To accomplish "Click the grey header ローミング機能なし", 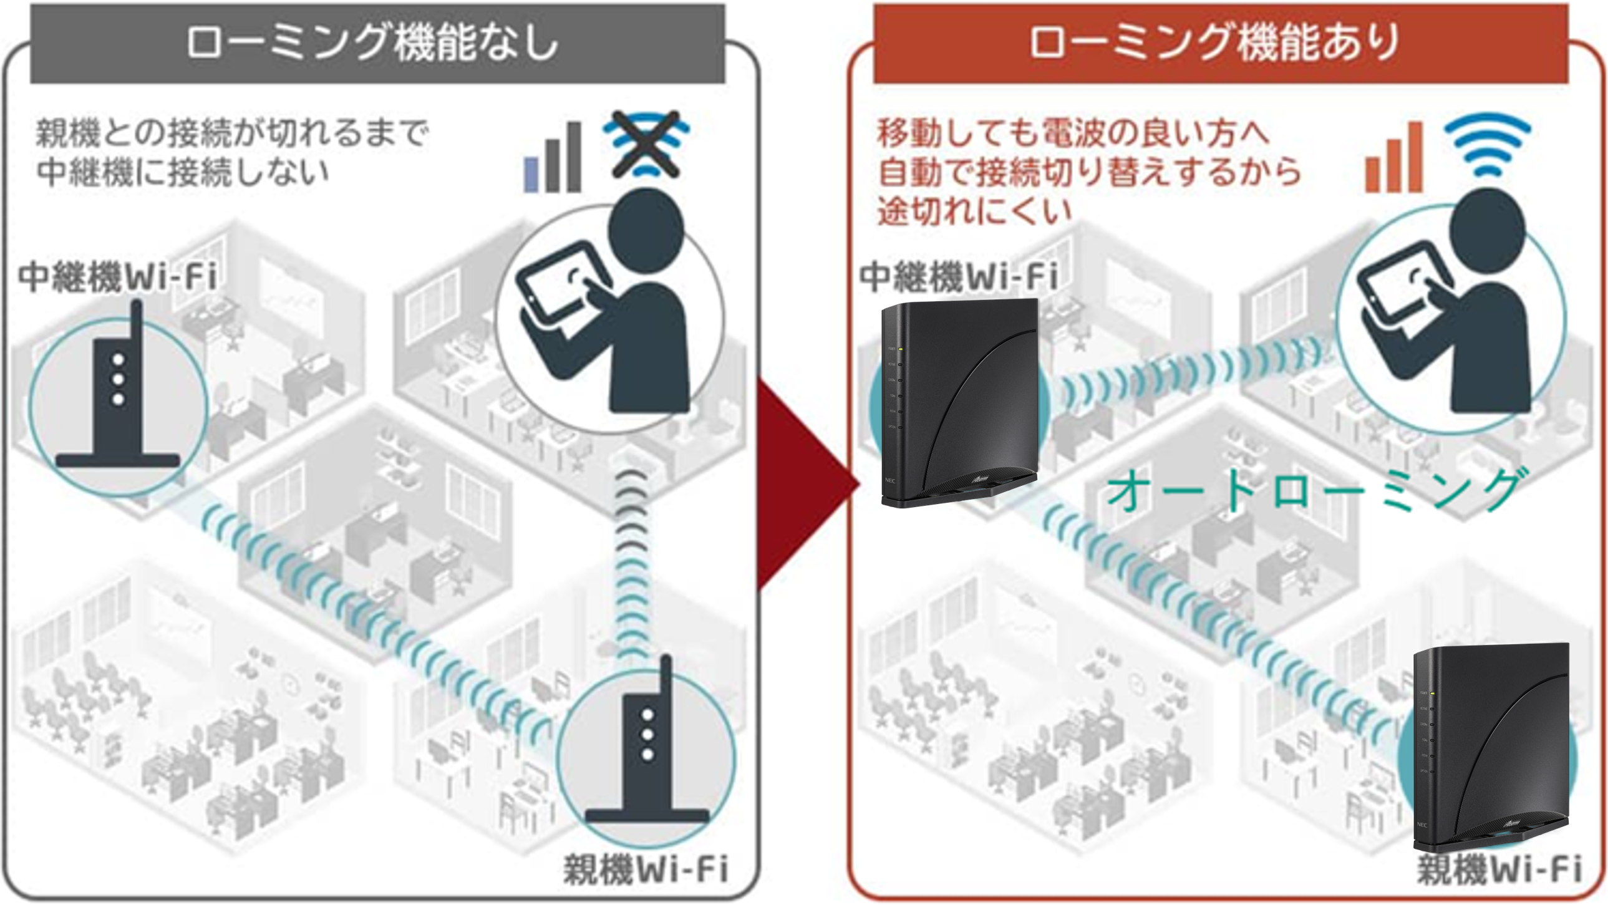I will (377, 44).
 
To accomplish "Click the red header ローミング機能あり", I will (1220, 44).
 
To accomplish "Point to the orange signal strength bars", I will (1393, 158).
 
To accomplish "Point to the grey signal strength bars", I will (553, 158).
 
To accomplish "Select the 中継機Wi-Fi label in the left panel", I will (117, 277).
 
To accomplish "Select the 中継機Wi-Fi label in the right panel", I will (959, 277).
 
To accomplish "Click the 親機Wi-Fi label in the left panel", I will (646, 869).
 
